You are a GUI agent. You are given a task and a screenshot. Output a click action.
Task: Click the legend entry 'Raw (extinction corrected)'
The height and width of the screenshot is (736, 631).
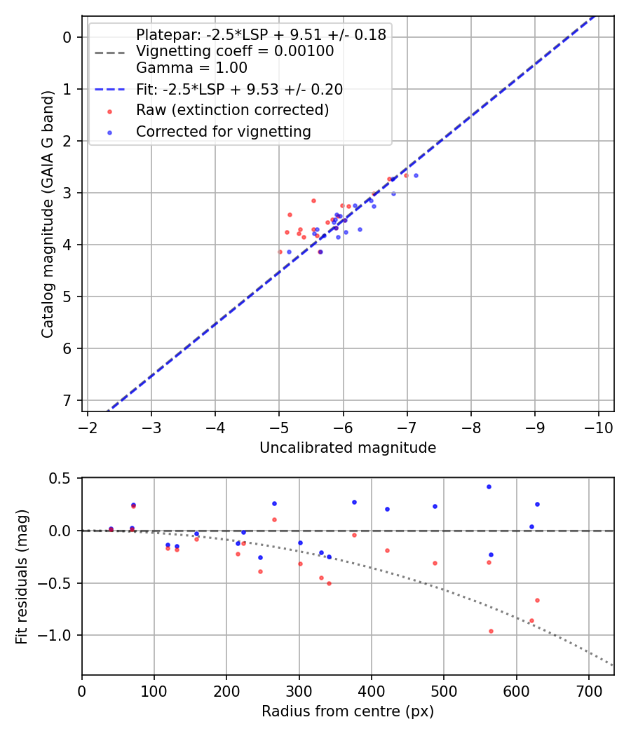tap(232, 110)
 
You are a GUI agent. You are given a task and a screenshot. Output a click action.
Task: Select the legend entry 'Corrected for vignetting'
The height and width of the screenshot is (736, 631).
tap(223, 131)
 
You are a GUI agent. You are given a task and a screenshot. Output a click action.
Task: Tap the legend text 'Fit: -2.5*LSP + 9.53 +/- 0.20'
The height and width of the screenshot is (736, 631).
tap(239, 89)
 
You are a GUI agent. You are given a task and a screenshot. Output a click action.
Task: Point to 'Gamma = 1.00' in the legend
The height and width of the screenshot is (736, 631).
tap(191, 68)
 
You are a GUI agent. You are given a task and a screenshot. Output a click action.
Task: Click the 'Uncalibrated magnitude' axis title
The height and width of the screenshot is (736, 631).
tap(348, 448)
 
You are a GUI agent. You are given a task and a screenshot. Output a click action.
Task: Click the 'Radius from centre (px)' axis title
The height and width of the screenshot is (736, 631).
tap(348, 711)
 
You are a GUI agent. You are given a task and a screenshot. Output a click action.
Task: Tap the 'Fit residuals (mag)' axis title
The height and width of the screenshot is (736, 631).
tap(22, 576)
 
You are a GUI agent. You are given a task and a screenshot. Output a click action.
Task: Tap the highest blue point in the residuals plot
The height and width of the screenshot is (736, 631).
tap(489, 486)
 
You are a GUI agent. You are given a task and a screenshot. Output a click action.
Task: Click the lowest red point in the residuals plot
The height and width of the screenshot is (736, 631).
tap(491, 631)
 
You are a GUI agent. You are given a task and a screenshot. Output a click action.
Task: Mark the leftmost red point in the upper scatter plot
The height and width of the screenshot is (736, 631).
tap(280, 252)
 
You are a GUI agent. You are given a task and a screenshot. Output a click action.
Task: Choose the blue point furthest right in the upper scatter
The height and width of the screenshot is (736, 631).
tap(416, 175)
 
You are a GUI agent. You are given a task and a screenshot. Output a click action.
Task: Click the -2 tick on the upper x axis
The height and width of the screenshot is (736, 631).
tap(87, 428)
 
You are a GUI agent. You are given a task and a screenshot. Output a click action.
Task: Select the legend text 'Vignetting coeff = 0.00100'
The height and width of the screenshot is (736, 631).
tap(235, 51)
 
